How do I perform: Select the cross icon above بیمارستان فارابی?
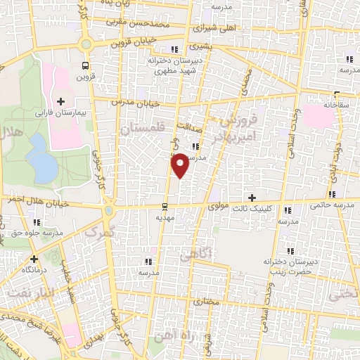coord(61,102)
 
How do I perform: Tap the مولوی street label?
coord(220,208)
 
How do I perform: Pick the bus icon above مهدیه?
coord(165,207)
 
